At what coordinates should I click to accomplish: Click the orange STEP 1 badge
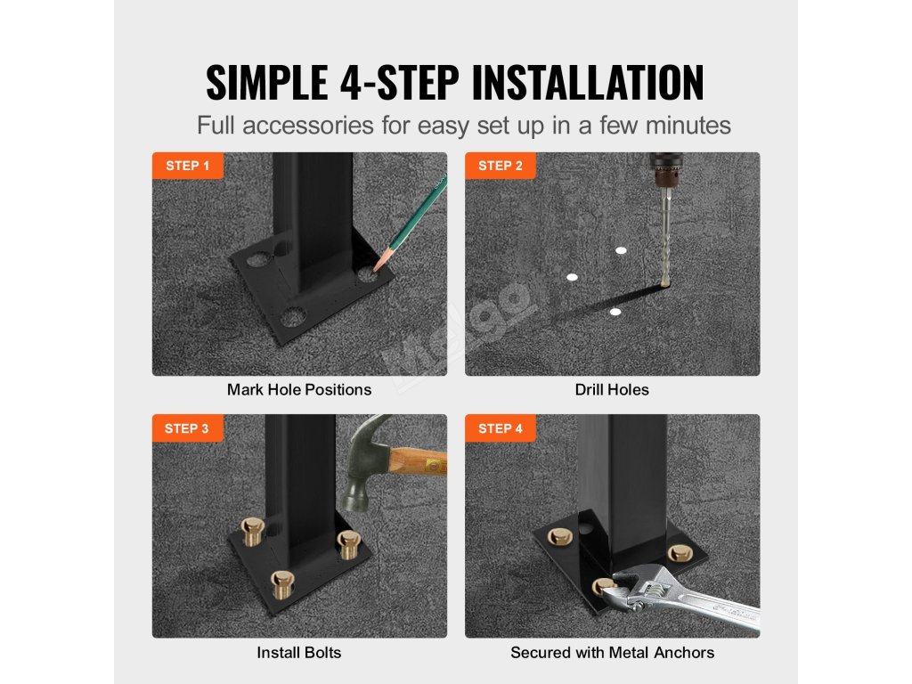(x=188, y=166)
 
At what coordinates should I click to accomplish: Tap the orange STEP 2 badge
(x=501, y=166)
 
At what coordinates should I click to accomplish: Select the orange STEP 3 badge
(x=187, y=428)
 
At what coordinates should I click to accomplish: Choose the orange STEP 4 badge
(x=501, y=428)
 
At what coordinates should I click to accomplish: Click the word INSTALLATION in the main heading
(x=588, y=82)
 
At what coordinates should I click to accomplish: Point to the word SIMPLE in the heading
(x=268, y=82)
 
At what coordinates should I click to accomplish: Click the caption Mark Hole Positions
(x=299, y=390)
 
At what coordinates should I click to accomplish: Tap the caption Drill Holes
(x=612, y=390)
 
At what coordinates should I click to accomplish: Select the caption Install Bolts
(x=299, y=653)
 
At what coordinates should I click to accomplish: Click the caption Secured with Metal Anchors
(x=613, y=653)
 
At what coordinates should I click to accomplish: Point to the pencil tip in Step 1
(x=375, y=270)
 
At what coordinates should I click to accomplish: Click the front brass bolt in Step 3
(x=282, y=584)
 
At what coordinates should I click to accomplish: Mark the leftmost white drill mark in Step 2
(x=572, y=277)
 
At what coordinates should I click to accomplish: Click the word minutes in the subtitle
(x=688, y=125)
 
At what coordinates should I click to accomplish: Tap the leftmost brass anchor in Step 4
(x=559, y=536)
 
